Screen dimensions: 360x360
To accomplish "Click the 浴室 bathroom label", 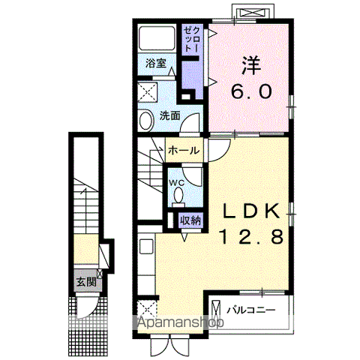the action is pyautogui.click(x=156, y=63).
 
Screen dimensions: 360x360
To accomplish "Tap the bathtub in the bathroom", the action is pyautogui.click(x=156, y=38).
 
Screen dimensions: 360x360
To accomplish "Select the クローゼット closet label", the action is pyautogui.click(x=192, y=40).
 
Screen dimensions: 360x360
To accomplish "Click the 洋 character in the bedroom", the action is pyautogui.click(x=251, y=65).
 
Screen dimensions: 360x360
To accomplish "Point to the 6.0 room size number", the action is pyautogui.click(x=251, y=91).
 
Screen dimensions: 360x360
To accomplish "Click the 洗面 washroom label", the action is pyautogui.click(x=170, y=115).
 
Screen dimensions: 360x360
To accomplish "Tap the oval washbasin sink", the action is pyautogui.click(x=146, y=121).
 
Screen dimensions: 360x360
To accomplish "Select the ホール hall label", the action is pyautogui.click(x=184, y=151).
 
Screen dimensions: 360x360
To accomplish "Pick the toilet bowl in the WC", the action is pyautogui.click(x=178, y=196).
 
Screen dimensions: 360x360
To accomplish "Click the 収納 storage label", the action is pyautogui.click(x=190, y=220).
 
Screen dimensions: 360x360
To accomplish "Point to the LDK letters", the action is pyautogui.click(x=251, y=211).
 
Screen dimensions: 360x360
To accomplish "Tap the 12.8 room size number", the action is pyautogui.click(x=251, y=236).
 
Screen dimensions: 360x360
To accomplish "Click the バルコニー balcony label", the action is pyautogui.click(x=250, y=310).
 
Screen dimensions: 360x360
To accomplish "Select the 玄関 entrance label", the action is pyautogui.click(x=86, y=282).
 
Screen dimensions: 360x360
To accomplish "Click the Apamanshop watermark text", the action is pyautogui.click(x=181, y=322).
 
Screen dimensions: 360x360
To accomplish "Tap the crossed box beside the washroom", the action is pyautogui.click(x=148, y=92).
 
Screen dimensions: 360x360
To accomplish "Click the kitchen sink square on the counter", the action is pyautogui.click(x=146, y=247).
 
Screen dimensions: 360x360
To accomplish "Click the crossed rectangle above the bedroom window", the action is pyautogui.click(x=253, y=13).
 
